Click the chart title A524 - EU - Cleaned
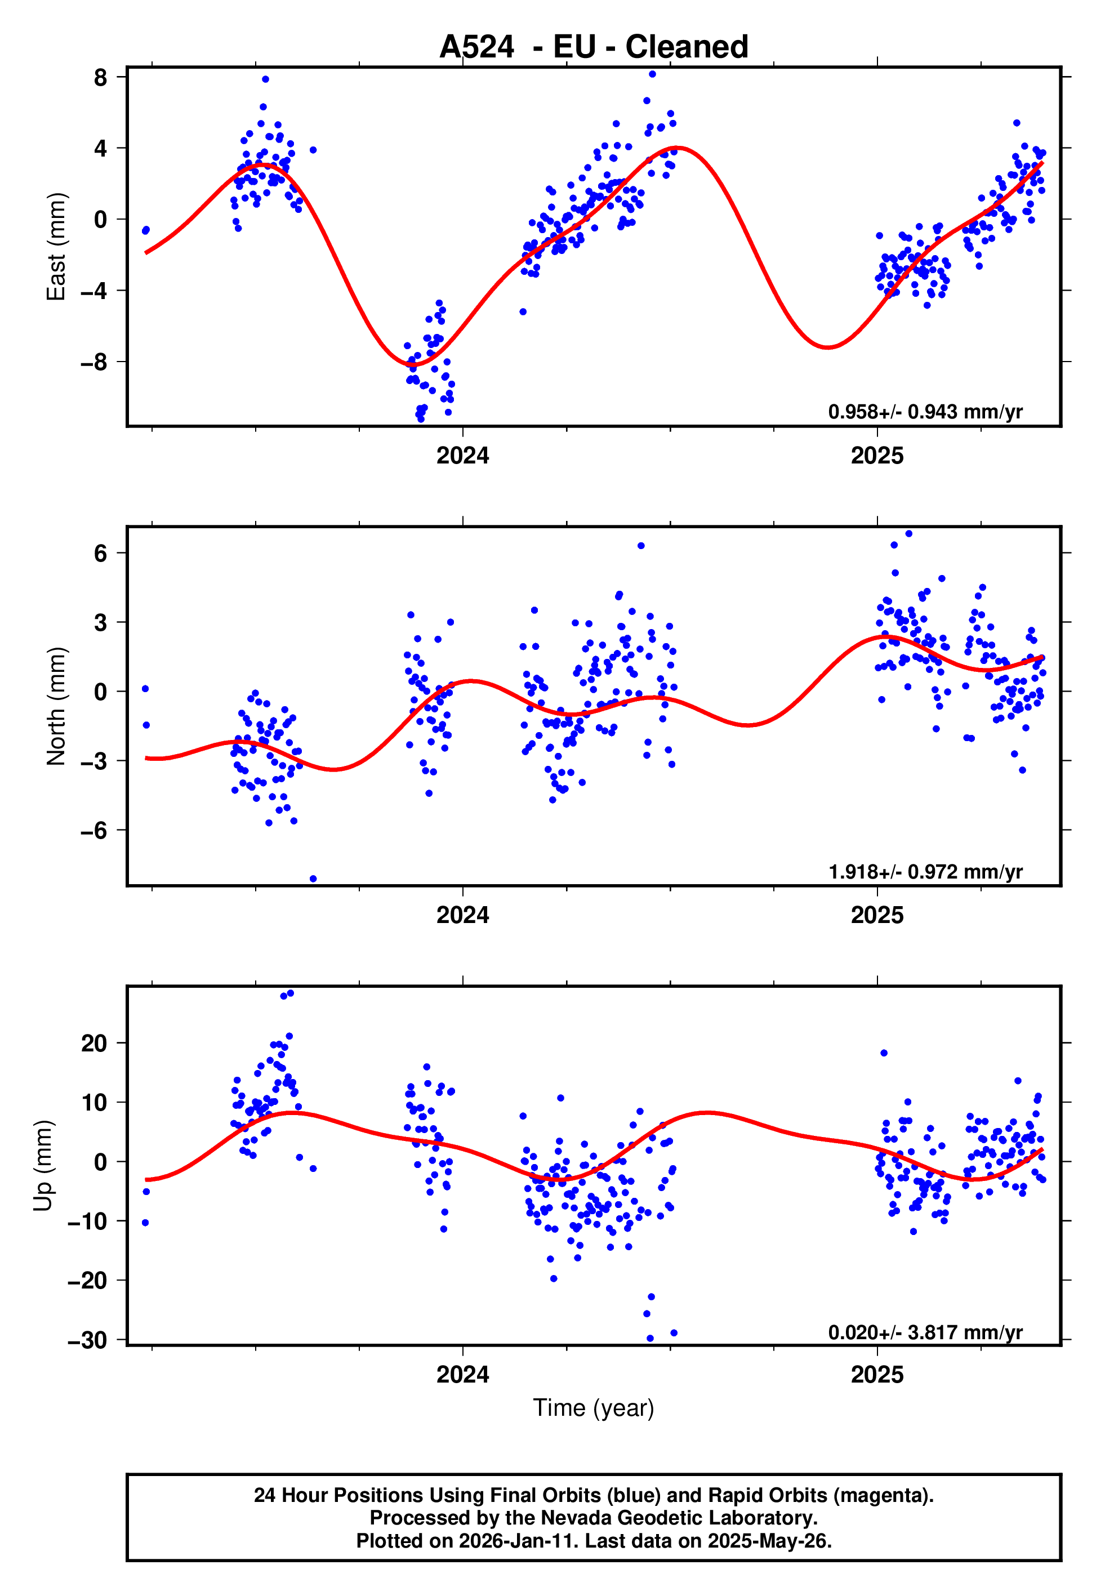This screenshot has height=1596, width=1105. tap(594, 47)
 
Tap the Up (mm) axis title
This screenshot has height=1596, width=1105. tap(43, 1166)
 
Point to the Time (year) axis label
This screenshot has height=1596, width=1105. tap(594, 1408)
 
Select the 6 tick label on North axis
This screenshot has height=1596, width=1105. tap(101, 553)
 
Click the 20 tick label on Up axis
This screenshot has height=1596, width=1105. tap(93, 1043)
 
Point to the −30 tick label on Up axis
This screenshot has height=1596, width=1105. tap(87, 1340)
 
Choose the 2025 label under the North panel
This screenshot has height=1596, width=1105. tap(877, 915)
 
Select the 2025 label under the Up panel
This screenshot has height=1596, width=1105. tap(877, 1375)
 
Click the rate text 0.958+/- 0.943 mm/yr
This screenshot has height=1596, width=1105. tap(925, 412)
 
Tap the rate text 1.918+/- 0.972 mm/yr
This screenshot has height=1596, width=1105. tap(925, 871)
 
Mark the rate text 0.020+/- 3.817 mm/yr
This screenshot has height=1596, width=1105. tap(925, 1332)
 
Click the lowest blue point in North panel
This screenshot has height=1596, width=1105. tap(313, 879)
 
